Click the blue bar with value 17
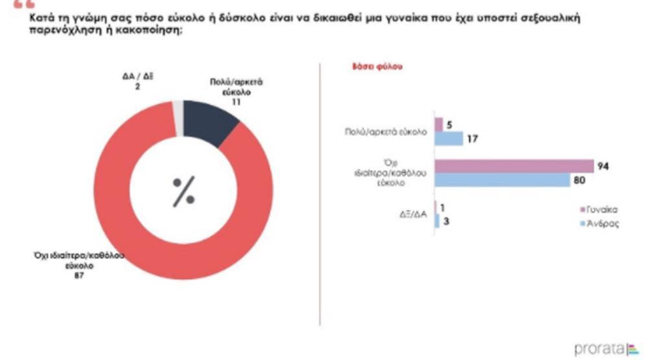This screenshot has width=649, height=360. (448, 138)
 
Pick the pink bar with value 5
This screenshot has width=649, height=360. (439, 124)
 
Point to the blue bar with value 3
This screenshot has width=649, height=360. (437, 222)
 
